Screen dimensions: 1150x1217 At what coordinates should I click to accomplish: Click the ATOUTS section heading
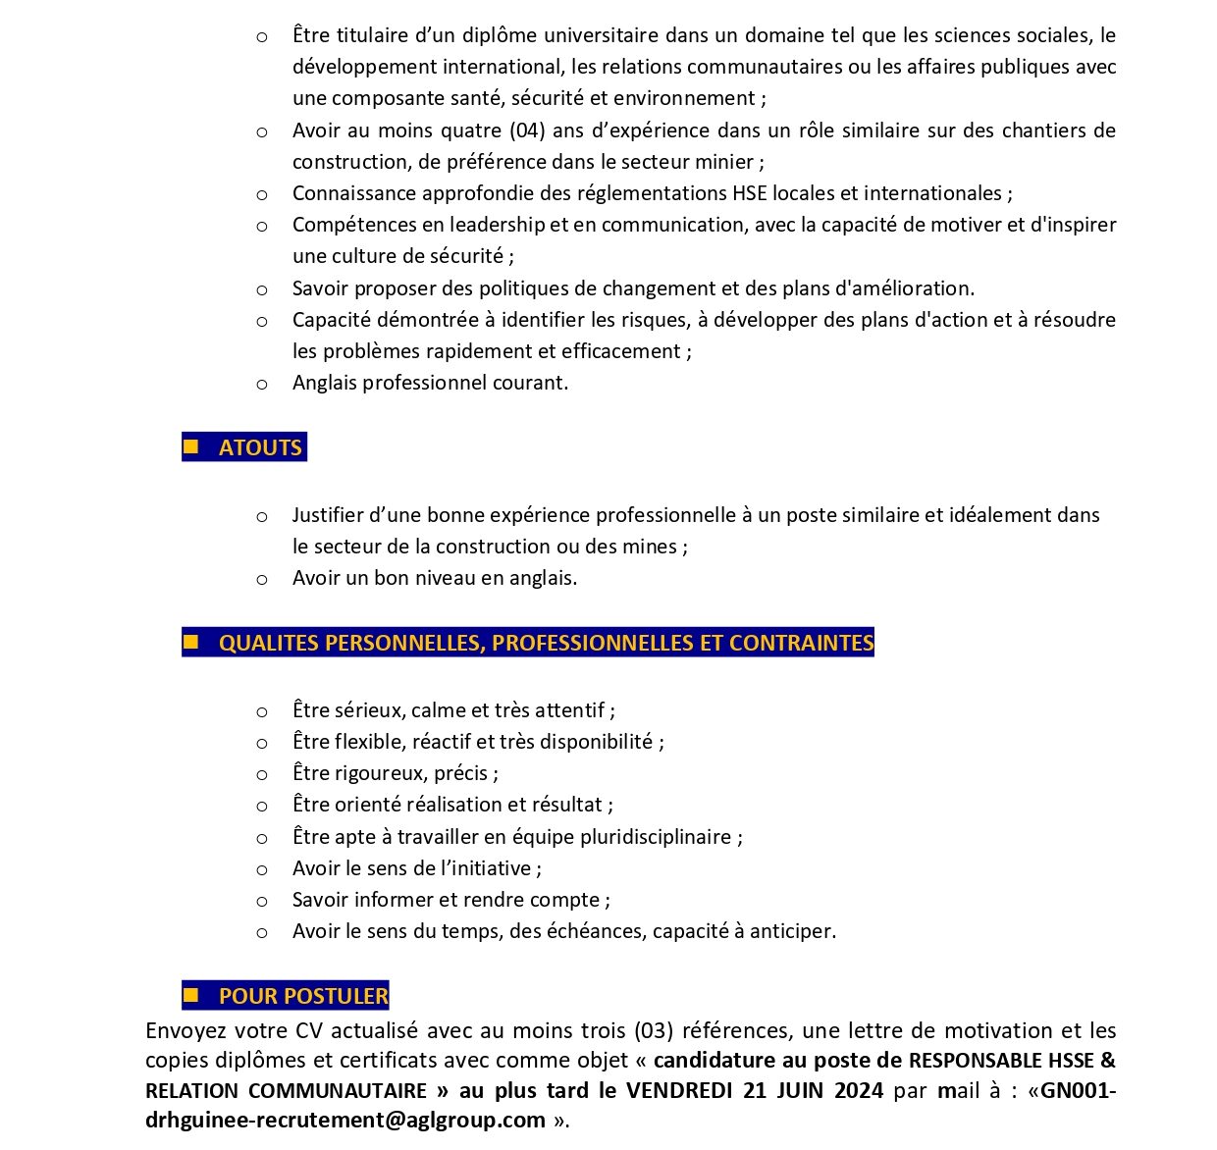click(x=259, y=447)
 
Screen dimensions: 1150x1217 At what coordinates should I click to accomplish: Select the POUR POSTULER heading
click(x=303, y=996)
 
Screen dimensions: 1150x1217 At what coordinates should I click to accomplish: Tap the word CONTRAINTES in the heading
click(x=801, y=643)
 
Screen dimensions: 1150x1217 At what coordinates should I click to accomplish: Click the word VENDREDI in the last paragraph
click(x=680, y=1090)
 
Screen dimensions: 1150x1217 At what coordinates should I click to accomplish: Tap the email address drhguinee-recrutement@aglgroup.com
click(x=345, y=1121)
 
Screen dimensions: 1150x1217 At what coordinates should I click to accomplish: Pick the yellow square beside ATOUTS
click(x=191, y=446)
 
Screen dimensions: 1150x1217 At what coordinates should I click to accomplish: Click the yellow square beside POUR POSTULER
click(x=191, y=995)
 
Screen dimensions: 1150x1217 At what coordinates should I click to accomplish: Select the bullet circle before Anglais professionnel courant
click(x=262, y=385)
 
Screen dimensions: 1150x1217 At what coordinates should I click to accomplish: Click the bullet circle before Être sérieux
click(x=262, y=712)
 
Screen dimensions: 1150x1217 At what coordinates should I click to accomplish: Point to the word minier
click(x=727, y=162)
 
